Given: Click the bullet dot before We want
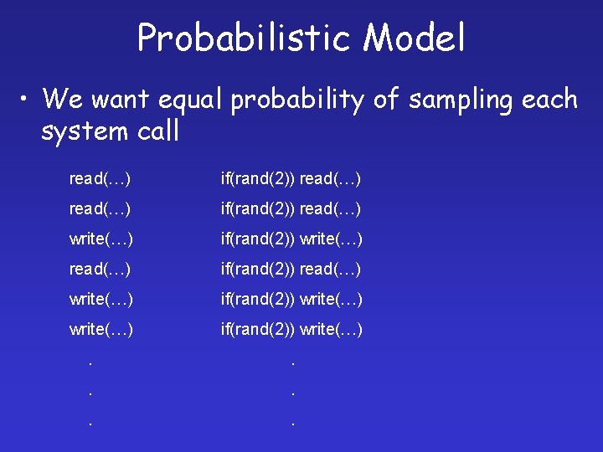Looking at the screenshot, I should (x=28, y=100).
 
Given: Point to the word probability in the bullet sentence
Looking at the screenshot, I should (x=298, y=100).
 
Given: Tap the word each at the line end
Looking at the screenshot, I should (x=549, y=100).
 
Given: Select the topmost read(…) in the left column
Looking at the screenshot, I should (x=100, y=178).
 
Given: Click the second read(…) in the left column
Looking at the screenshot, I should (x=100, y=208).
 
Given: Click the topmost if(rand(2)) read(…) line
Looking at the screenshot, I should (x=291, y=178).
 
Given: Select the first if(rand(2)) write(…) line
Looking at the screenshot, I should (x=291, y=239).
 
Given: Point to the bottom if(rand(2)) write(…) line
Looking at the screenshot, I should (x=291, y=329).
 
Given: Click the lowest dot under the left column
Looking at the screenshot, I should (x=90, y=424).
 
